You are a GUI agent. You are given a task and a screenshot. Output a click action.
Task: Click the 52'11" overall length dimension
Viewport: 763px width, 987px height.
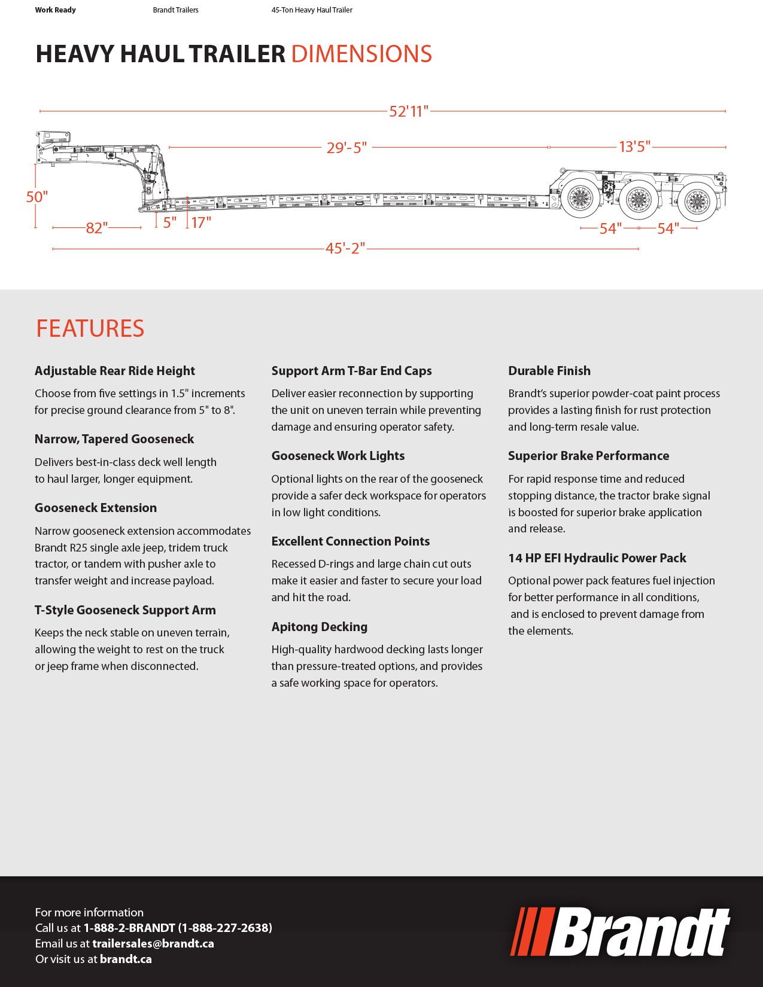pos(409,111)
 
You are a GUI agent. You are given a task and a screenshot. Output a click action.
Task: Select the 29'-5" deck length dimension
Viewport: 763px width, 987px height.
pos(346,147)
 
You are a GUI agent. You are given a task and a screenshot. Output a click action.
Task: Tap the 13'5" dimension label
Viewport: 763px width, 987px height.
pos(634,147)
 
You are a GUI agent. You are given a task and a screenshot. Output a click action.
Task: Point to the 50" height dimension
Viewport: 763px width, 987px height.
pos(37,197)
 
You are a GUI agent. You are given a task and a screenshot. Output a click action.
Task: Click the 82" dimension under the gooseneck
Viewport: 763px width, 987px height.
pos(96,228)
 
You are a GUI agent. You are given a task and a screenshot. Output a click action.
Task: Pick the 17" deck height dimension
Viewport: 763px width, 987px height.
pos(201,223)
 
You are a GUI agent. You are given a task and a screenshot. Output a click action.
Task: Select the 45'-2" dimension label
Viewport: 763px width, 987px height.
pos(345,248)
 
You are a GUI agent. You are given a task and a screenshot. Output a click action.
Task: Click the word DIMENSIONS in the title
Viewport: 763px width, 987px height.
pos(361,54)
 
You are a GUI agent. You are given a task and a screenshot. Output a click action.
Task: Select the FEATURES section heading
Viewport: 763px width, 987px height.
pos(90,328)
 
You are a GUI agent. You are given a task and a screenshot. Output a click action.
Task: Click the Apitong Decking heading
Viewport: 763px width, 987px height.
pos(319,626)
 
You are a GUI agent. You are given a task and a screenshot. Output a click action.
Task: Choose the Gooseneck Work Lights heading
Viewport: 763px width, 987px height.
pos(338,455)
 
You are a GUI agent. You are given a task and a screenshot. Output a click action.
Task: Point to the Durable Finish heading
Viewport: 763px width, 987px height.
pos(549,370)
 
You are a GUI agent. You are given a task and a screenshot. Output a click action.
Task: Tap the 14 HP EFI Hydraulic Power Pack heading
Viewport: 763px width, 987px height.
pos(597,558)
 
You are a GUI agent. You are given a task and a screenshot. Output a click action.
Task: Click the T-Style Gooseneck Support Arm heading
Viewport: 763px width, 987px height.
pos(125,610)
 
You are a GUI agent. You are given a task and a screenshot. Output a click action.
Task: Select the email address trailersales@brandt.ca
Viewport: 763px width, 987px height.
pos(153,943)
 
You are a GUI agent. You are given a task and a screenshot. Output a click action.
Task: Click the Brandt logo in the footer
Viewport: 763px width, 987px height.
pos(620,932)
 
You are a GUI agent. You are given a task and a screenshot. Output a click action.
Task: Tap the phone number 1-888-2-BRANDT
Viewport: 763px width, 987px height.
pos(129,928)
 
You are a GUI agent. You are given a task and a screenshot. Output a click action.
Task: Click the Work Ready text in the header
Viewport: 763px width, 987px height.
pos(55,10)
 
